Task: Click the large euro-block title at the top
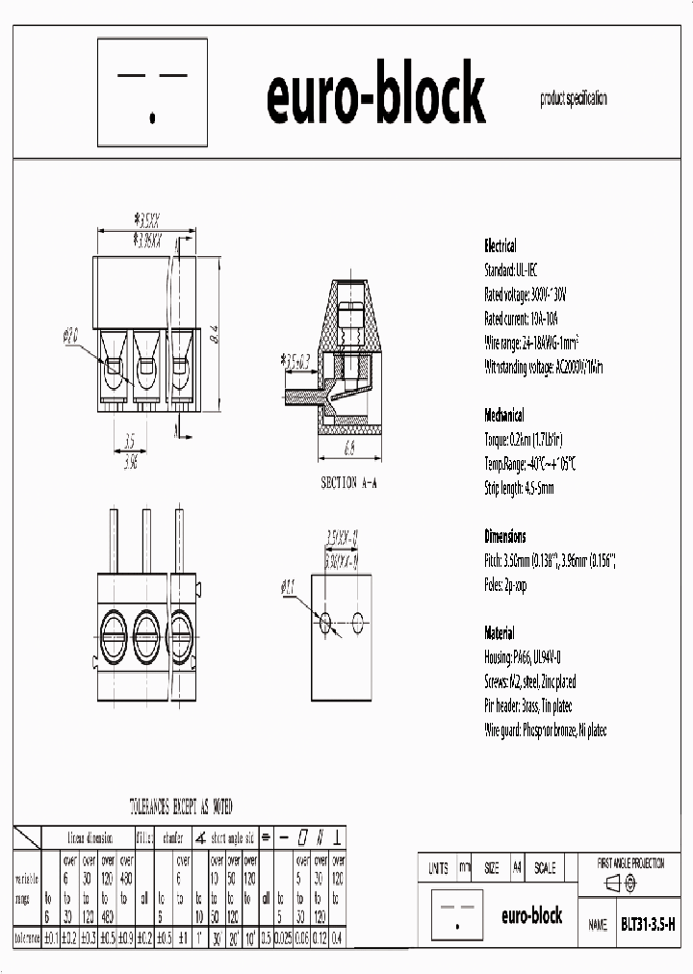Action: click(x=374, y=95)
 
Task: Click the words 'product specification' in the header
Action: click(x=574, y=98)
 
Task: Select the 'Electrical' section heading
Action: click(x=500, y=245)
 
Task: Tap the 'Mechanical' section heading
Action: click(x=503, y=416)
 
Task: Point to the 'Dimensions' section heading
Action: click(x=504, y=536)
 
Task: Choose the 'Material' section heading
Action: click(x=499, y=633)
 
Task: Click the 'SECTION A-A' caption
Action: click(x=348, y=482)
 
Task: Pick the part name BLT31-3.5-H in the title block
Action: click(x=647, y=924)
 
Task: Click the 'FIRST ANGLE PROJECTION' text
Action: click(x=630, y=863)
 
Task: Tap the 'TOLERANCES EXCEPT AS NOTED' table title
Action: click(x=180, y=807)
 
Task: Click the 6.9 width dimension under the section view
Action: click(x=348, y=449)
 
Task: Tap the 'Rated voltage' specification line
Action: click(x=526, y=295)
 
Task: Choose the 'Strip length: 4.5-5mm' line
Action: click(x=519, y=488)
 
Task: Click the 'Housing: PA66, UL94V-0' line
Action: click(x=522, y=657)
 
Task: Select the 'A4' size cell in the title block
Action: click(x=518, y=868)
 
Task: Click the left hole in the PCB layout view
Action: click(x=326, y=621)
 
